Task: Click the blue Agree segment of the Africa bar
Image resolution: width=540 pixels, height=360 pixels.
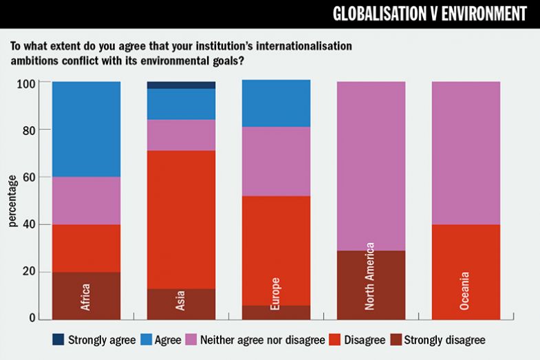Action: click(x=87, y=129)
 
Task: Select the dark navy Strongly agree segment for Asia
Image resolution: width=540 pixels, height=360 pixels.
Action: click(x=182, y=85)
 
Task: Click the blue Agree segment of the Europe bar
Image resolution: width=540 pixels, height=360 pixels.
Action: click(x=276, y=103)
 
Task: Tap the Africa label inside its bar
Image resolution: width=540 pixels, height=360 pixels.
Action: click(x=87, y=297)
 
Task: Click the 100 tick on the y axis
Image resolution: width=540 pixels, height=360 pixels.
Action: click(x=26, y=83)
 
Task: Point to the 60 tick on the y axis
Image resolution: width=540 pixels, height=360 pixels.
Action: click(x=28, y=177)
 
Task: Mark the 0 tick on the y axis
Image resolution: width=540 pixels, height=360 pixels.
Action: click(x=31, y=318)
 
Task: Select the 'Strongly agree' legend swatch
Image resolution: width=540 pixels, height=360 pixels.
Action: click(x=58, y=339)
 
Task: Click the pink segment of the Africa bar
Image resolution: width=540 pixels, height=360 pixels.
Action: click(x=87, y=200)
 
